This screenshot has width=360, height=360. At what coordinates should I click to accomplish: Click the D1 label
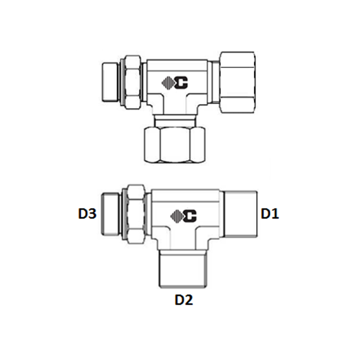click(269, 214)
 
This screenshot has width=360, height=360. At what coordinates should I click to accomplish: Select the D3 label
click(87, 214)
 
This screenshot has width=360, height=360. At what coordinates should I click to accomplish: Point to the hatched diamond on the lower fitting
click(176, 216)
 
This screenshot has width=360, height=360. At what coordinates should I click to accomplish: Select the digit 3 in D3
click(92, 214)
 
